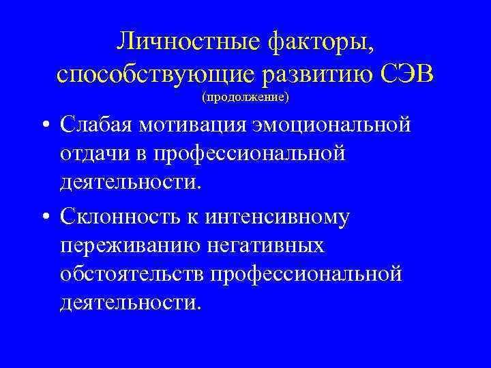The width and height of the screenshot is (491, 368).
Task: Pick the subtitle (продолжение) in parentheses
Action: tap(245, 97)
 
